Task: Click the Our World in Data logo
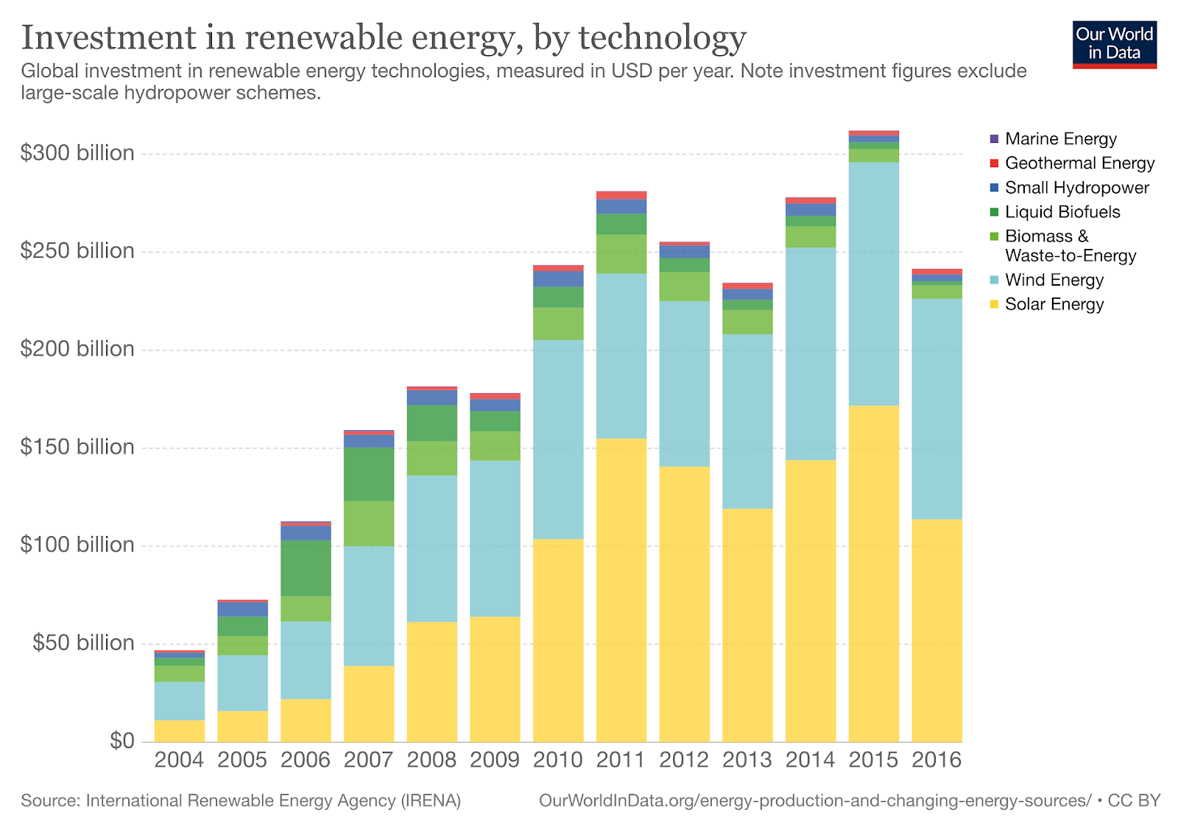point(1114,44)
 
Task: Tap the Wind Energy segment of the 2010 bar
point(558,439)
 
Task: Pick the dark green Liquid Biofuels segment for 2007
point(369,473)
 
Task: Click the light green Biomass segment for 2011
point(621,254)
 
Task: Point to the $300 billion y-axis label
point(77,153)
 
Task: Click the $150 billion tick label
point(77,447)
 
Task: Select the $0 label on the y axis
point(122,741)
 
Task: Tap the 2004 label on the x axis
point(179,760)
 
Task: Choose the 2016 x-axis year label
point(937,760)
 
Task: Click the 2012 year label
point(684,760)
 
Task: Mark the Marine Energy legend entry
point(1060,139)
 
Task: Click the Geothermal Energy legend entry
point(1079,163)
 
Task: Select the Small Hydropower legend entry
point(1076,188)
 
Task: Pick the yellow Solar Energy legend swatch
point(995,304)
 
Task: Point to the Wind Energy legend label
point(1054,281)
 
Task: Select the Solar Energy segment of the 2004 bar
point(179,730)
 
